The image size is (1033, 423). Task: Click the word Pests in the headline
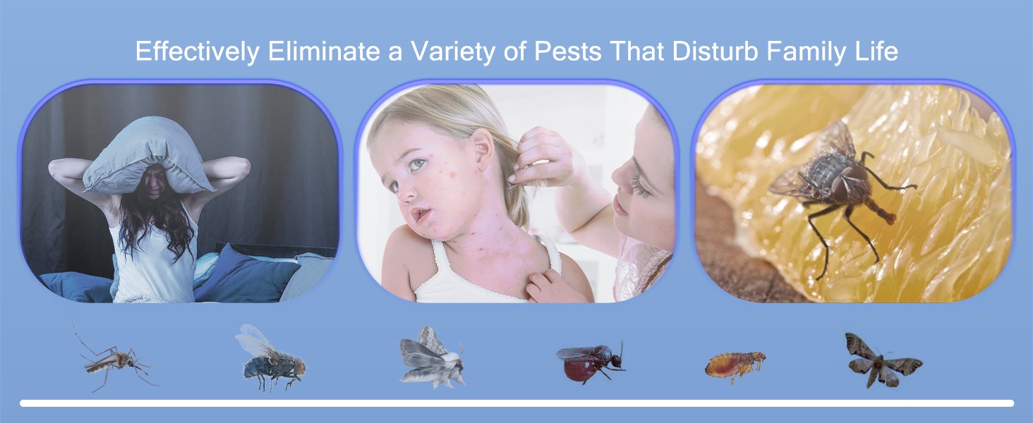coord(567,51)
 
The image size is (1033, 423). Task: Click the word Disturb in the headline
coord(715,51)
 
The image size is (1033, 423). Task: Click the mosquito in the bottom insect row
coord(115,360)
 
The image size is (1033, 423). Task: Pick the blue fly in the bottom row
coord(271,358)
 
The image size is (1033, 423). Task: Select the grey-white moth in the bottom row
coord(432,357)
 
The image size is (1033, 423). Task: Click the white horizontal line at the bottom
coord(517,404)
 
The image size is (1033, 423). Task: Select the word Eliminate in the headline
coord(324,51)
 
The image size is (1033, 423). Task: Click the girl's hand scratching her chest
coord(549,287)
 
